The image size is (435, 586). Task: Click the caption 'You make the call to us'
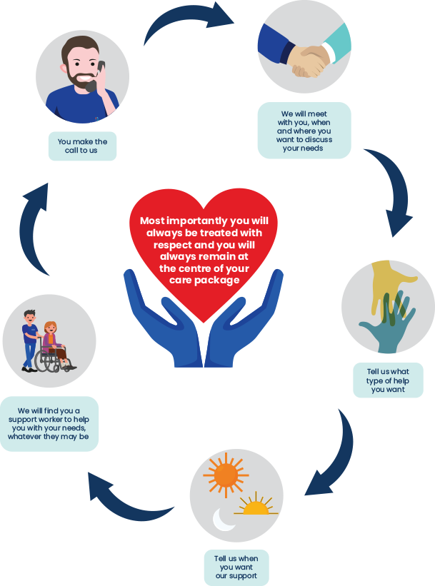(82, 146)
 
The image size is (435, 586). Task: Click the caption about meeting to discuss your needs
(304, 130)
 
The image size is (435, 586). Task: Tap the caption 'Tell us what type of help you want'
(389, 380)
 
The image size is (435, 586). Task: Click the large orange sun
(226, 473)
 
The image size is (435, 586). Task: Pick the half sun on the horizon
(254, 506)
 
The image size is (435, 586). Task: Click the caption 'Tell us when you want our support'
(236, 567)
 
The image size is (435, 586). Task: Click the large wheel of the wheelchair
(48, 361)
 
